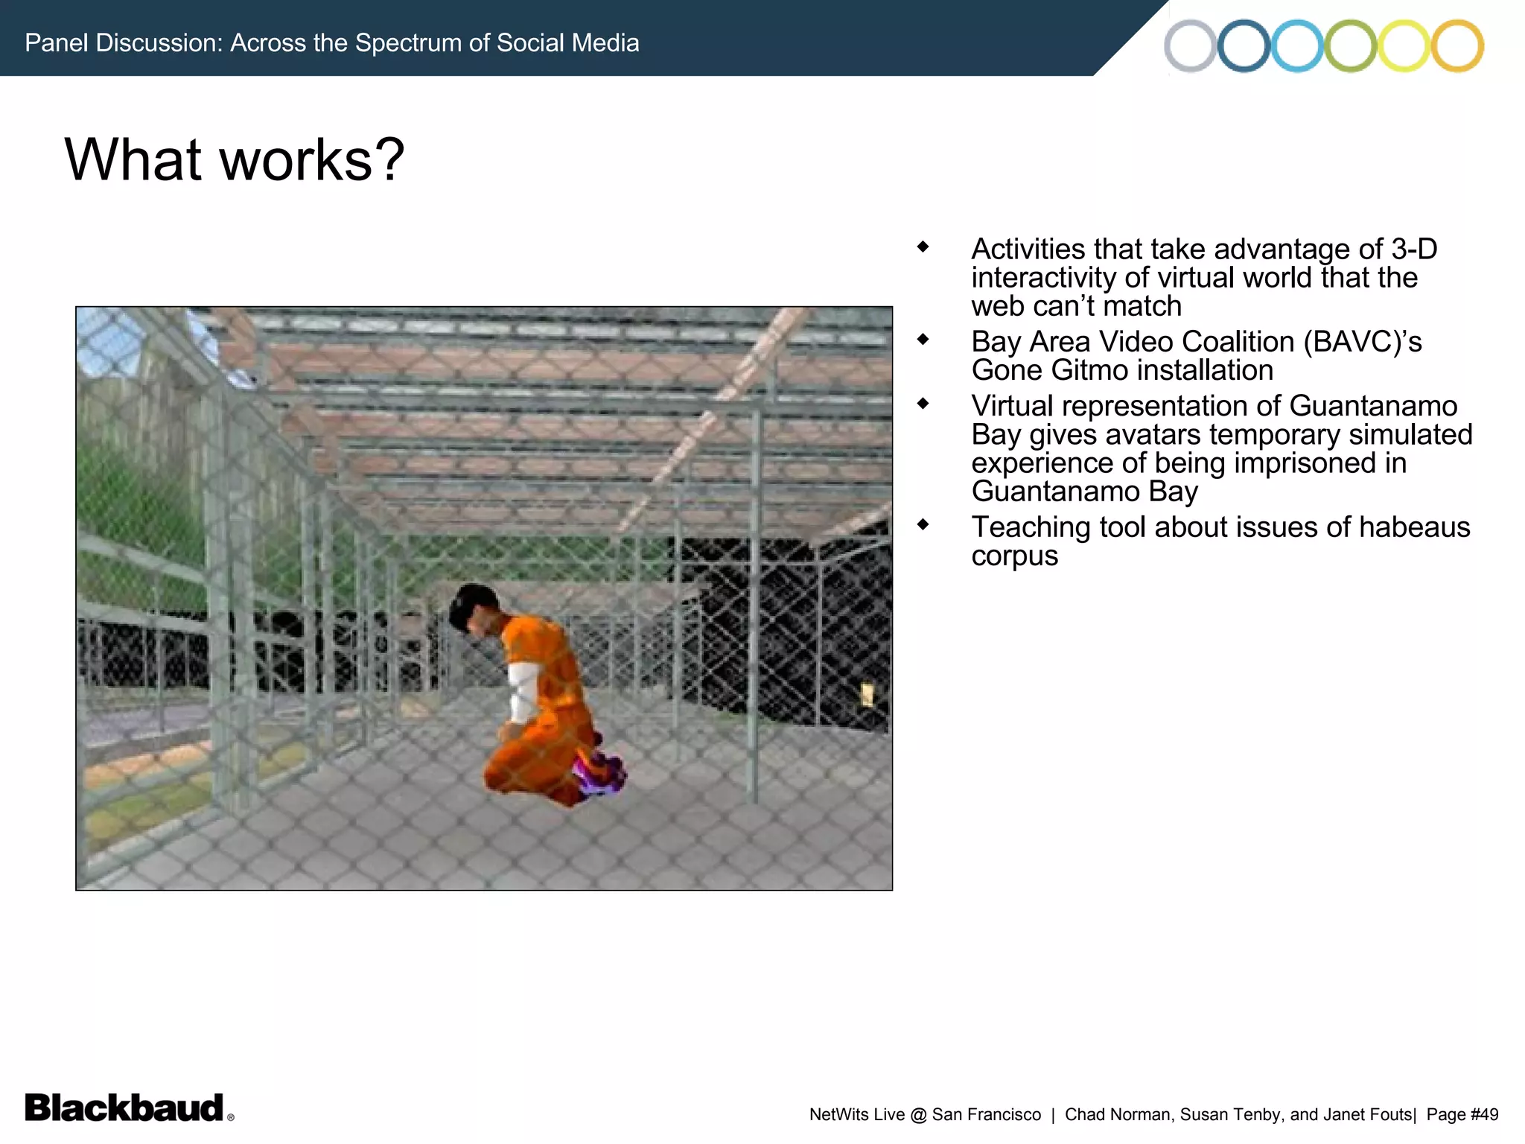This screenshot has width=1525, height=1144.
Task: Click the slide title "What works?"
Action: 235,159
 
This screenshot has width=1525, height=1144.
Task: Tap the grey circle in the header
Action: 1190,45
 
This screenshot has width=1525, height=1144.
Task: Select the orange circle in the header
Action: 1457,45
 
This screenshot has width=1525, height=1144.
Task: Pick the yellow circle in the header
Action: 1404,45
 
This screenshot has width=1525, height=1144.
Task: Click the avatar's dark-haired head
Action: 474,607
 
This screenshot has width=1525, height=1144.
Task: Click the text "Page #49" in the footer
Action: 1462,1114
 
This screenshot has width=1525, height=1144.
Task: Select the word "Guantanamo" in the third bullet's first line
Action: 1373,406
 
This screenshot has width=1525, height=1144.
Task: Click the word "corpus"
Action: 1014,556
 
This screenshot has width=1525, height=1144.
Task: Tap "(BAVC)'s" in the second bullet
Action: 1362,342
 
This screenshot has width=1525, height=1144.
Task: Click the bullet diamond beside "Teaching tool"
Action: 923,524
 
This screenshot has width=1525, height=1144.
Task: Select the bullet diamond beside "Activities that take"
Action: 923,247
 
